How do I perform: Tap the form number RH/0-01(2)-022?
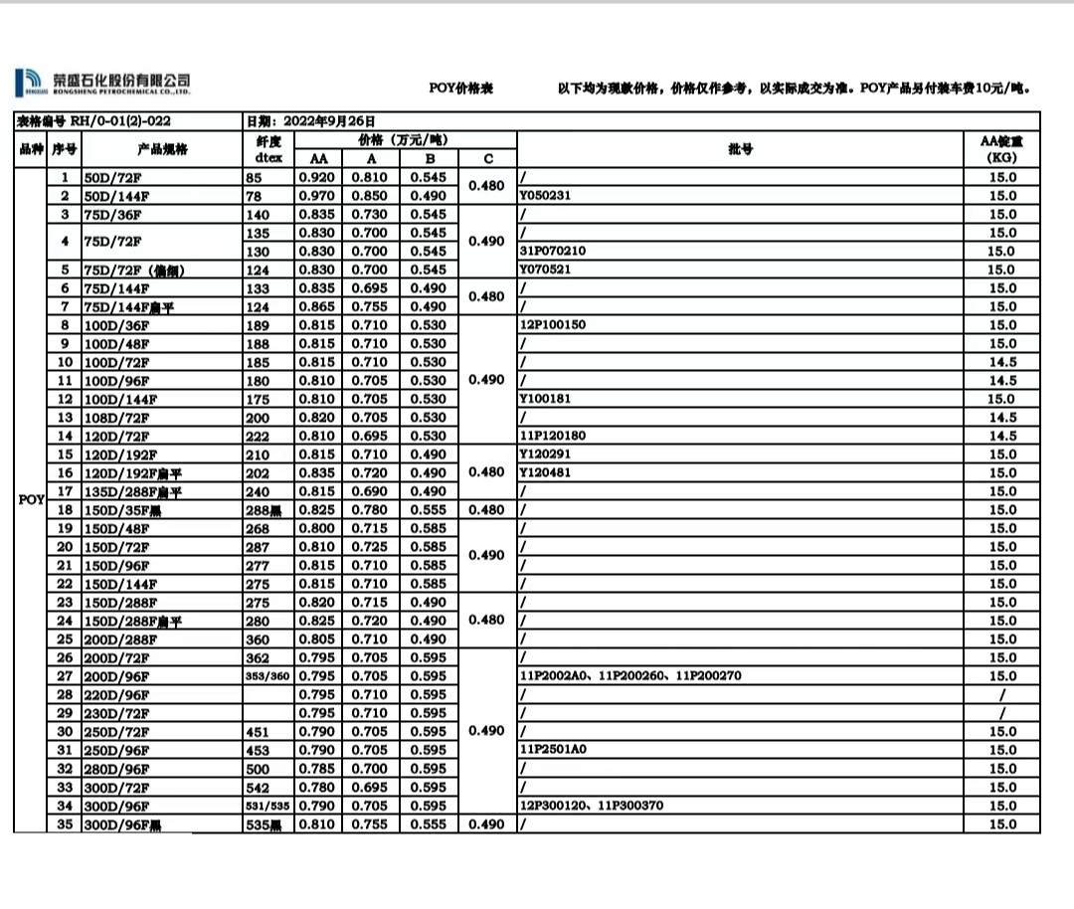click(121, 121)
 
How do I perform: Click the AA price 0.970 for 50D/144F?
click(317, 196)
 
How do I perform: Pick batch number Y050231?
click(545, 196)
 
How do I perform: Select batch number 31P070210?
click(553, 252)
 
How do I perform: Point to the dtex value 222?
click(258, 437)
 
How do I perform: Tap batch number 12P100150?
click(553, 325)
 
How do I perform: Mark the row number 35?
click(66, 823)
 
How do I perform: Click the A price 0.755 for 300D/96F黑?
click(370, 824)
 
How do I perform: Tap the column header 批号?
click(740, 149)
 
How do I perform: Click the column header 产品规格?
click(163, 149)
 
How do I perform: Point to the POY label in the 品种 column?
click(31, 499)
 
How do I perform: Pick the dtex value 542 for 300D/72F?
click(258, 787)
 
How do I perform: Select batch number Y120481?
click(545, 472)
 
